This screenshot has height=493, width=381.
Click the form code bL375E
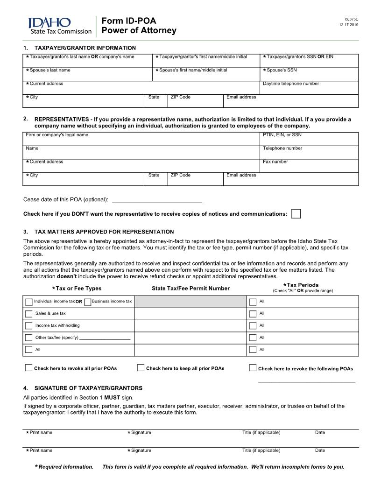coord(352,19)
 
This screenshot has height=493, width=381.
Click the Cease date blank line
coord(157,200)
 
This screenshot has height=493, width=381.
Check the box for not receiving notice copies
coord(296,214)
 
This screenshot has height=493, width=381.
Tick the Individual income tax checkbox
coord(29,302)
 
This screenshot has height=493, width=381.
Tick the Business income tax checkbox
coord(88,302)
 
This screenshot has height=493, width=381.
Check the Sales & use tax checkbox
coord(29,314)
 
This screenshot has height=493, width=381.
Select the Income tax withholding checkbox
coord(29,326)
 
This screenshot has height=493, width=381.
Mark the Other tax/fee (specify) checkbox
coord(29,338)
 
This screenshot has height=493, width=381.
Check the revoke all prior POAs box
coord(29,368)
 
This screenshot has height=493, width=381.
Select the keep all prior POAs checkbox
coord(141,368)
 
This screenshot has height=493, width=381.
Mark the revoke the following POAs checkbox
coord(253,368)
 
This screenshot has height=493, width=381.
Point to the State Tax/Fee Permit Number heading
coord(190,289)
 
